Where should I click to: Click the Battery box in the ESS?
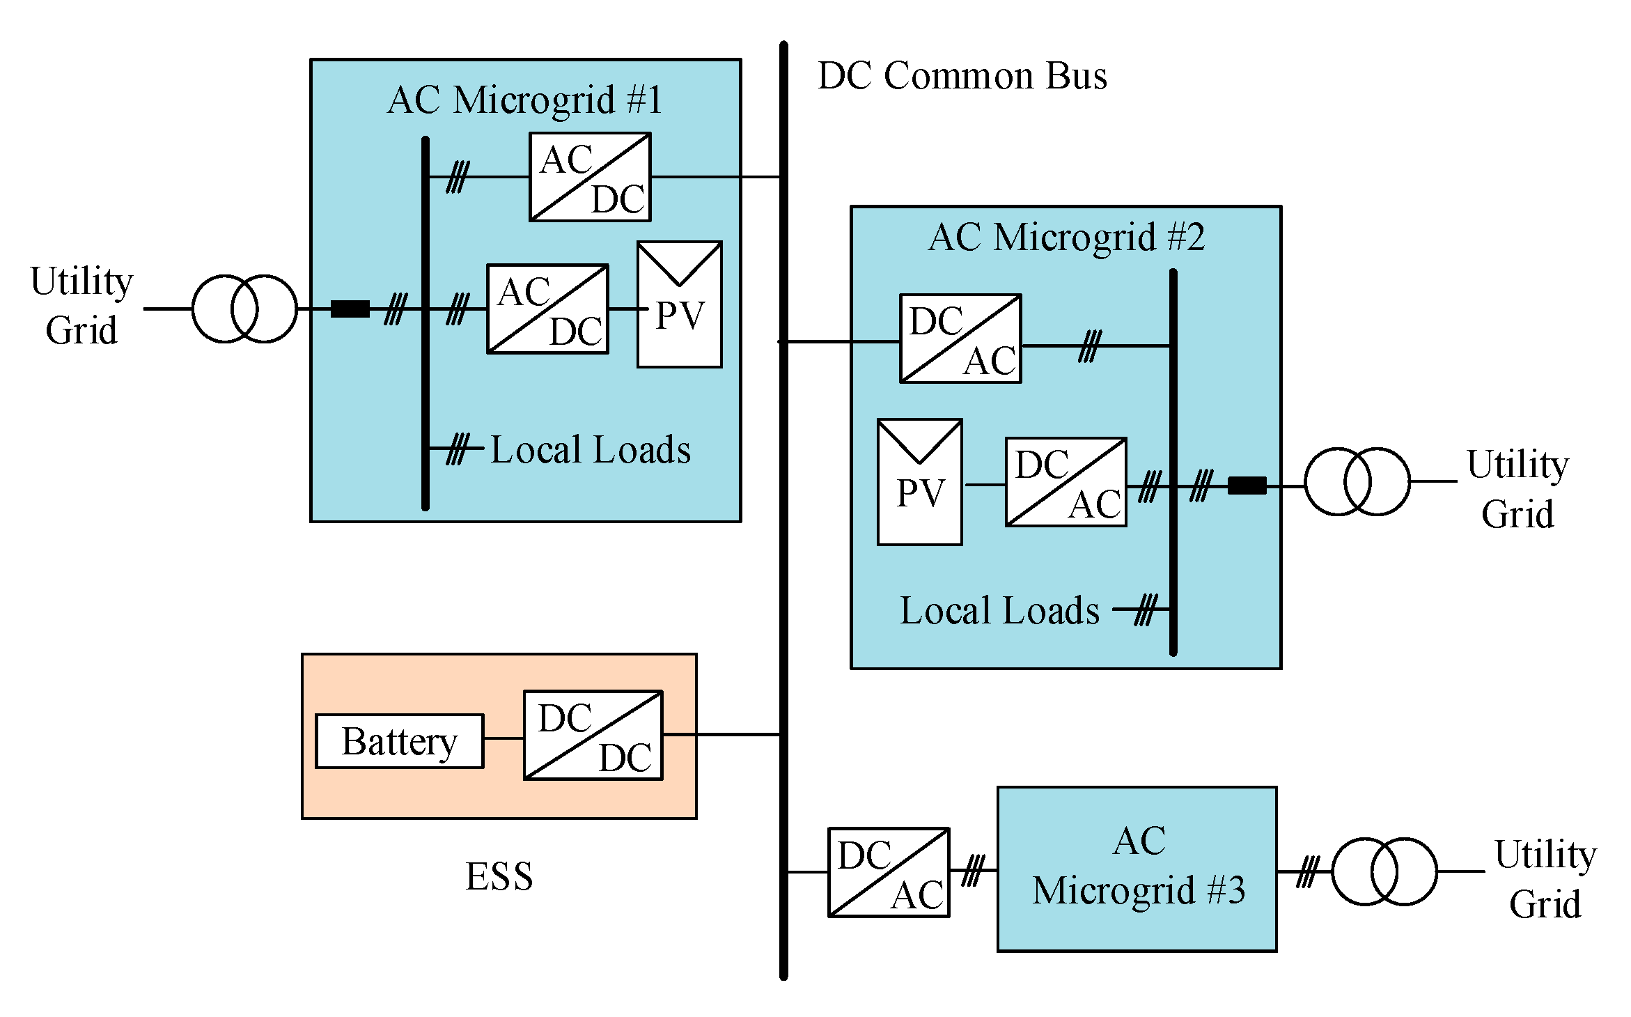[399, 741]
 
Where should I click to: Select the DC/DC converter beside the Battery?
[593, 735]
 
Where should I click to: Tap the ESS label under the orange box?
[499, 876]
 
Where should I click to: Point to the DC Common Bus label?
[962, 75]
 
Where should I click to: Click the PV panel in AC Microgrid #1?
[680, 304]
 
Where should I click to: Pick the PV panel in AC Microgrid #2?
[920, 482]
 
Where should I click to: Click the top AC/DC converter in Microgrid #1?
[591, 177]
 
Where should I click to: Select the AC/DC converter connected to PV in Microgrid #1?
[548, 309]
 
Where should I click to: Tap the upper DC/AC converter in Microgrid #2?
[961, 339]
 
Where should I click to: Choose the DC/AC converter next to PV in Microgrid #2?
[1066, 482]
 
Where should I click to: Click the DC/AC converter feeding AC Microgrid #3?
[889, 872]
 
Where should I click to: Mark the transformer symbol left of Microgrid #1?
[245, 309]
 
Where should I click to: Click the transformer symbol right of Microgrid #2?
[1357, 481]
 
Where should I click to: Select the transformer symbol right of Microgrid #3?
[1384, 871]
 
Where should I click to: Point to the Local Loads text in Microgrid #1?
[591, 449]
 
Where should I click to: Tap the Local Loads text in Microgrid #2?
[1000, 610]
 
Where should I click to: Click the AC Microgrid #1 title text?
[525, 100]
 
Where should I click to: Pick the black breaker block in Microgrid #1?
[350, 309]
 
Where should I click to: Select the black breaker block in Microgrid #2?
[1247, 486]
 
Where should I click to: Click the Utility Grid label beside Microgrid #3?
[1545, 879]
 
